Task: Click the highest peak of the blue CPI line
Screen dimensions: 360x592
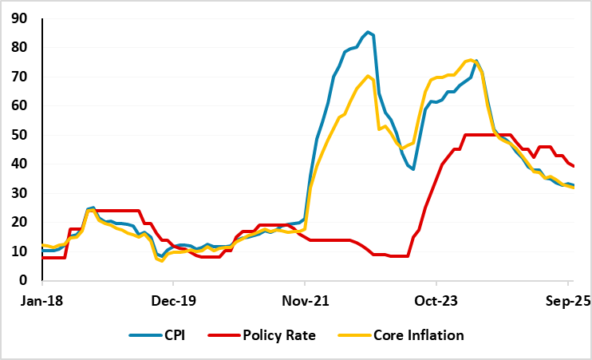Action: click(x=368, y=32)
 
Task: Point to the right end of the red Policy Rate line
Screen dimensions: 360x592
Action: click(x=574, y=166)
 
